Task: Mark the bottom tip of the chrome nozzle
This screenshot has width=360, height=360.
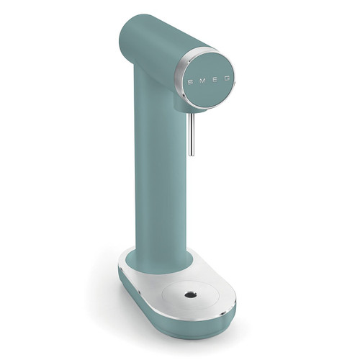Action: (190, 154)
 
